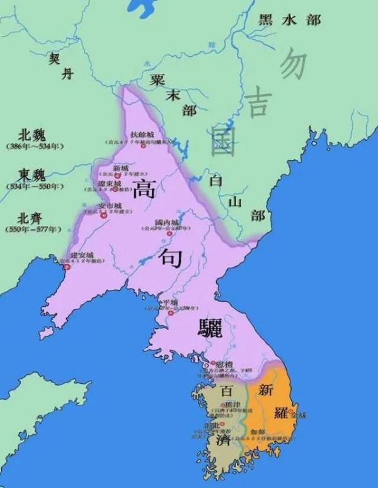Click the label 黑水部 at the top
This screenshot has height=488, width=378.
(x=290, y=20)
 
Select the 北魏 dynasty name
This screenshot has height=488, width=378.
(x=33, y=134)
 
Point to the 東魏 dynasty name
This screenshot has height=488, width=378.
(x=33, y=174)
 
